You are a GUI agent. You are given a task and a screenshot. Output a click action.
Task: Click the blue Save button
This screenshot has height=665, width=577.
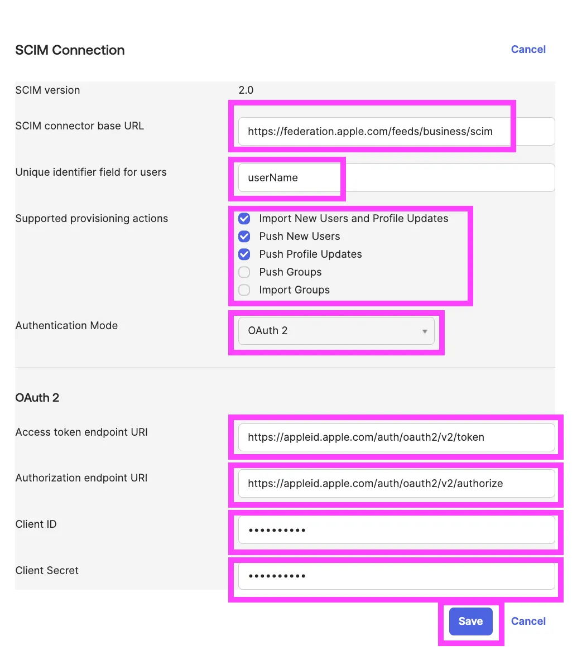[x=470, y=621]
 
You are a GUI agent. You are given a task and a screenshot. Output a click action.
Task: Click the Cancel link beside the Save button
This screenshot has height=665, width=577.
[x=528, y=621]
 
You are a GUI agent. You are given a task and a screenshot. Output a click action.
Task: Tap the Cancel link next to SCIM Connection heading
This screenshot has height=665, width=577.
[x=528, y=50]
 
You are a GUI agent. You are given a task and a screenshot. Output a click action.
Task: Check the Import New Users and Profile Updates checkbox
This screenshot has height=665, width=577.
[x=244, y=219]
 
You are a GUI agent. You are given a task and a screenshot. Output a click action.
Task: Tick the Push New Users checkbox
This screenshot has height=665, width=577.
[x=244, y=237]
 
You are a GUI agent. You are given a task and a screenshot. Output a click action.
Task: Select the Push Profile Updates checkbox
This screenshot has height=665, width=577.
[x=244, y=254]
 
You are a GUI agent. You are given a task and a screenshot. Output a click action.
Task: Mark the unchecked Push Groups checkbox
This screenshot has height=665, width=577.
[x=244, y=272]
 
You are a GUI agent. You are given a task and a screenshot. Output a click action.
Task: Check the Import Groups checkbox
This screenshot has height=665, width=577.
[x=244, y=290]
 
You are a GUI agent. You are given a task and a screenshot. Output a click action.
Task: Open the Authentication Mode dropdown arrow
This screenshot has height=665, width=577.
[x=425, y=331]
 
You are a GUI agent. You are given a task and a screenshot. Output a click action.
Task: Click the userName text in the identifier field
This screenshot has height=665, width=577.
[x=273, y=178]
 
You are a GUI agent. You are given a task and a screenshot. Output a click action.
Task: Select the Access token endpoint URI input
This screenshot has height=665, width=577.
[x=396, y=437]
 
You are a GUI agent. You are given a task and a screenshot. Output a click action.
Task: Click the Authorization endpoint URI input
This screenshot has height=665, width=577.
[x=396, y=484]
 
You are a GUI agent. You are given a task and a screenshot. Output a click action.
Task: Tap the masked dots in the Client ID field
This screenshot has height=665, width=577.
[x=277, y=530]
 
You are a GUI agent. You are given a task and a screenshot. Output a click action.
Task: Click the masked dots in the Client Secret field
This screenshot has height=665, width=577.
[x=277, y=576]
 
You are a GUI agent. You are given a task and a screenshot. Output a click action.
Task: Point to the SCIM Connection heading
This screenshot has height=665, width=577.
[x=70, y=50]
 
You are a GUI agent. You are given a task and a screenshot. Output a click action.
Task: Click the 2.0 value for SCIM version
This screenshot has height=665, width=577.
[x=246, y=90]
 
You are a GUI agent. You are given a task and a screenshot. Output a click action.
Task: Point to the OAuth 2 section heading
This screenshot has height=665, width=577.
[x=37, y=398]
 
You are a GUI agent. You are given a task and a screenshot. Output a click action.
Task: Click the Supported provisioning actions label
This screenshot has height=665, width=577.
[x=92, y=219]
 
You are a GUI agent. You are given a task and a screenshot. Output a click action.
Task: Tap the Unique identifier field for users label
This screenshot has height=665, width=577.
[x=91, y=172]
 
